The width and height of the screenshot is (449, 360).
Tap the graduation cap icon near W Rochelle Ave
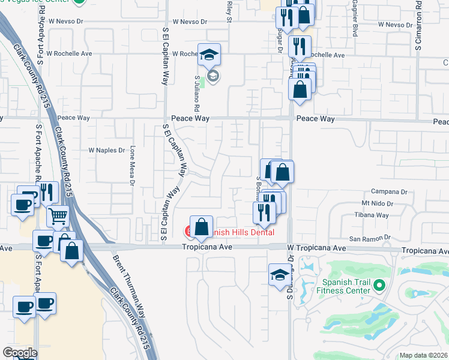coord(209,55)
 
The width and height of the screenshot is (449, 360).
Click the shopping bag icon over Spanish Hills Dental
coord(202,227)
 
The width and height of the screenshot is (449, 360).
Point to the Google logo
coord(19,352)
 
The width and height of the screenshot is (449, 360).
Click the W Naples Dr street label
coord(106,150)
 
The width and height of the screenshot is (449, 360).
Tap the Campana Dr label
coord(393,191)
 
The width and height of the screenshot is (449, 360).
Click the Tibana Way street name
coord(372,215)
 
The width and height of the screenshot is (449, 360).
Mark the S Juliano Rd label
coord(196,93)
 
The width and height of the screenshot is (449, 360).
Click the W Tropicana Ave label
coord(317,248)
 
